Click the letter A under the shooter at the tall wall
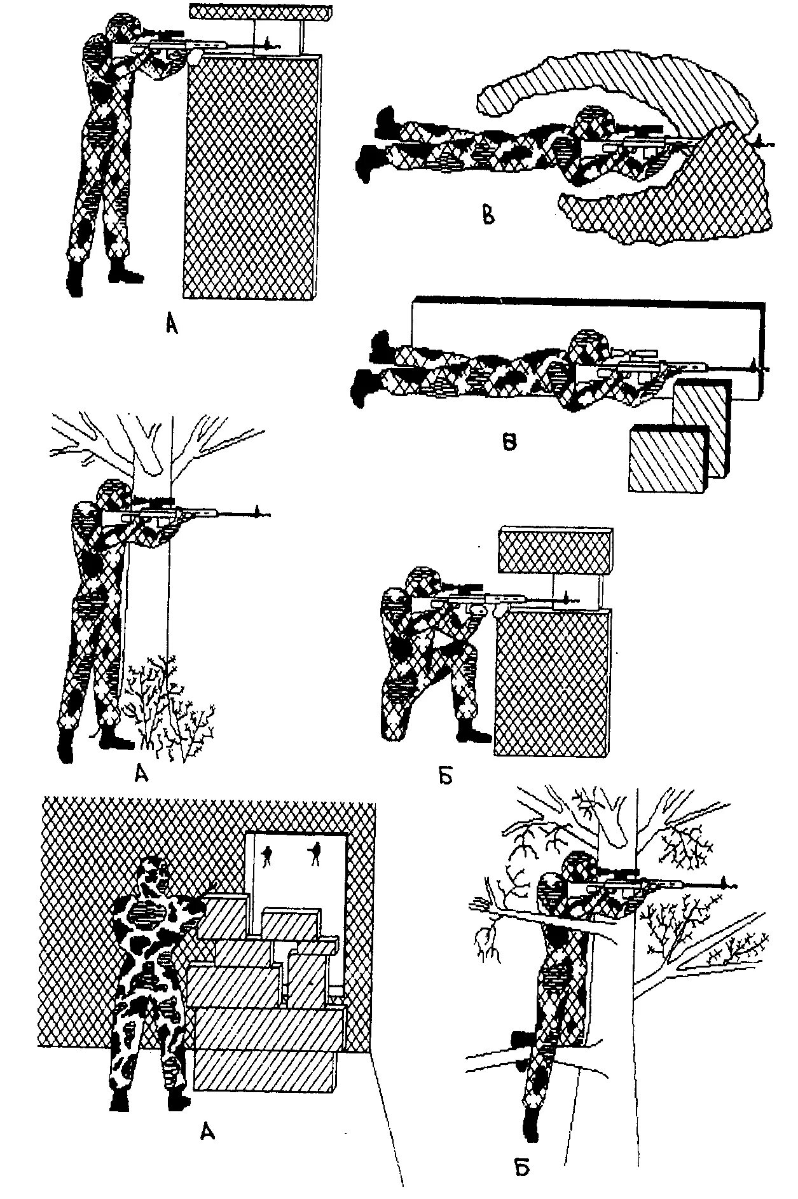point(170,325)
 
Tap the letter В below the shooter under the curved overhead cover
point(488,216)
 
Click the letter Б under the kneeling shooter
point(445,776)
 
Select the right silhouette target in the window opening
point(313,854)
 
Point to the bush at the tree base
point(169,709)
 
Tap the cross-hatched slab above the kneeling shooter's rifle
point(554,550)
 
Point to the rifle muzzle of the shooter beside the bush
point(258,511)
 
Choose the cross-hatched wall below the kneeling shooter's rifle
point(552,680)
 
